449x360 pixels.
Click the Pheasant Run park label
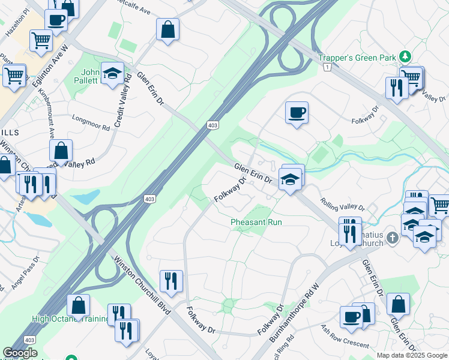(256, 222)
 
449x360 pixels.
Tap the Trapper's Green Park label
(357, 58)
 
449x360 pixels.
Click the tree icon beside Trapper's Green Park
(406, 57)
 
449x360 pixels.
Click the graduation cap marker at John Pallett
(112, 73)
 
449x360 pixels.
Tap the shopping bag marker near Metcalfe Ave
(168, 29)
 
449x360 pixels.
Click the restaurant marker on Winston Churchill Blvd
(171, 280)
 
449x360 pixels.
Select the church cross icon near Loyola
(392, 238)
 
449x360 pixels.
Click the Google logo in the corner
(19, 353)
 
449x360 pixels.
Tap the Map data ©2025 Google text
(412, 355)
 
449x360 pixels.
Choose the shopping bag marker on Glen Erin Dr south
(398, 304)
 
